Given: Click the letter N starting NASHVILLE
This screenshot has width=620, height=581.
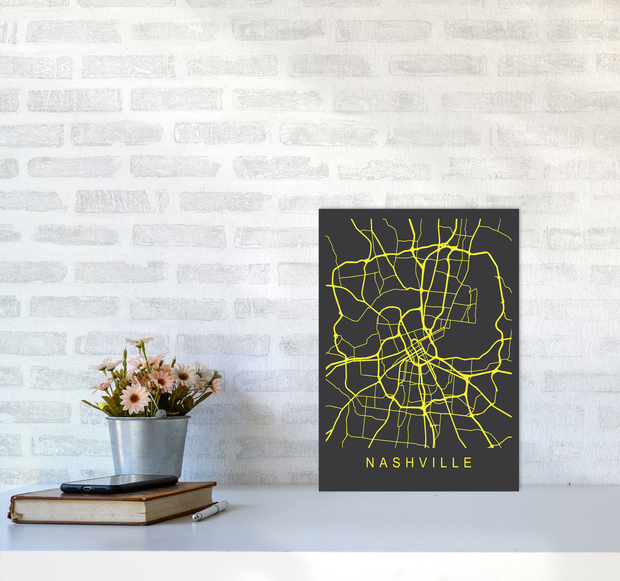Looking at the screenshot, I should point(369,463).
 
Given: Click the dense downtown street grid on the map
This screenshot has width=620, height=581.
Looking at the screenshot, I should point(415,351).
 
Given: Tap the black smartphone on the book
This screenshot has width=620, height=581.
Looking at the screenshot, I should point(119,483).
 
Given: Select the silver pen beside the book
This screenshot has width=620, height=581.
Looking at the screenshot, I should point(210,511).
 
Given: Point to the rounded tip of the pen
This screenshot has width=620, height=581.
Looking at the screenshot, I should point(195,518).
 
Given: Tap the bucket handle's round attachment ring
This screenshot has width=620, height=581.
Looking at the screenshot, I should point(160,414).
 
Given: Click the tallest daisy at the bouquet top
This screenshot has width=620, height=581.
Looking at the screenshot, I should point(140,342).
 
